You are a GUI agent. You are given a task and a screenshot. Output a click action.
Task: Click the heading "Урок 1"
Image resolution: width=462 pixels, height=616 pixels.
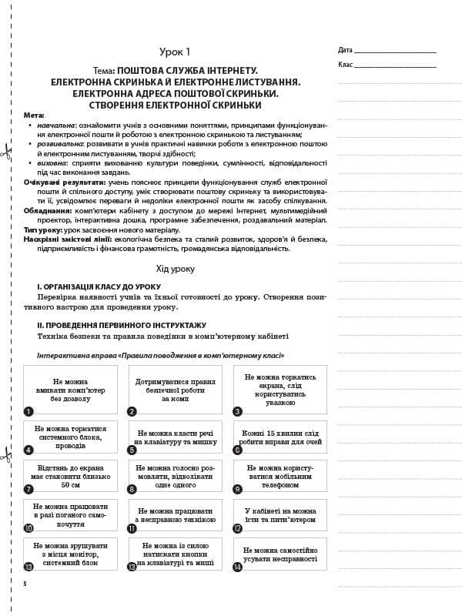(175, 52)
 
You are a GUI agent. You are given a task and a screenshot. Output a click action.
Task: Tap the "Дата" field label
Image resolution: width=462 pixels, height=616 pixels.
(345, 50)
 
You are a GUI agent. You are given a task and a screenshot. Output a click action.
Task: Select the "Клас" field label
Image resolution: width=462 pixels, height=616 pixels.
(345, 65)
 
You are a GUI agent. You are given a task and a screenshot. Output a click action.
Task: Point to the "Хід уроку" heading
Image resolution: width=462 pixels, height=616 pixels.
(175, 269)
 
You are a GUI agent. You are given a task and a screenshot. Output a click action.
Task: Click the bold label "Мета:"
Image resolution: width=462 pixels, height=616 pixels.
(34, 115)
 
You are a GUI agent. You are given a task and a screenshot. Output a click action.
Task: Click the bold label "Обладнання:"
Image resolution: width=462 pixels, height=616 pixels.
(48, 210)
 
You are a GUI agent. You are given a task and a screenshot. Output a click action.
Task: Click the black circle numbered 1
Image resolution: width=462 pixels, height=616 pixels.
(28, 411)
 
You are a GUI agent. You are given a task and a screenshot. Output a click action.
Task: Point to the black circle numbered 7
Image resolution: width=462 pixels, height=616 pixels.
(28, 488)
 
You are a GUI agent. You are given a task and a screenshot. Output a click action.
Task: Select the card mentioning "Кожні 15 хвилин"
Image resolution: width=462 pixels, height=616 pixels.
(280, 437)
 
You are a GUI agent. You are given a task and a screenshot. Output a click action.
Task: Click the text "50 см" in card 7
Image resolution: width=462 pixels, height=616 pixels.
(71, 486)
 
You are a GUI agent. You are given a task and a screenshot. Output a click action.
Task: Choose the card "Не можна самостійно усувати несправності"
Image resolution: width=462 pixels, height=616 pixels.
(280, 554)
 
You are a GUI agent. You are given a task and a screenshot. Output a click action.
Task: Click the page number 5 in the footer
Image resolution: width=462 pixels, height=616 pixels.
(25, 584)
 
